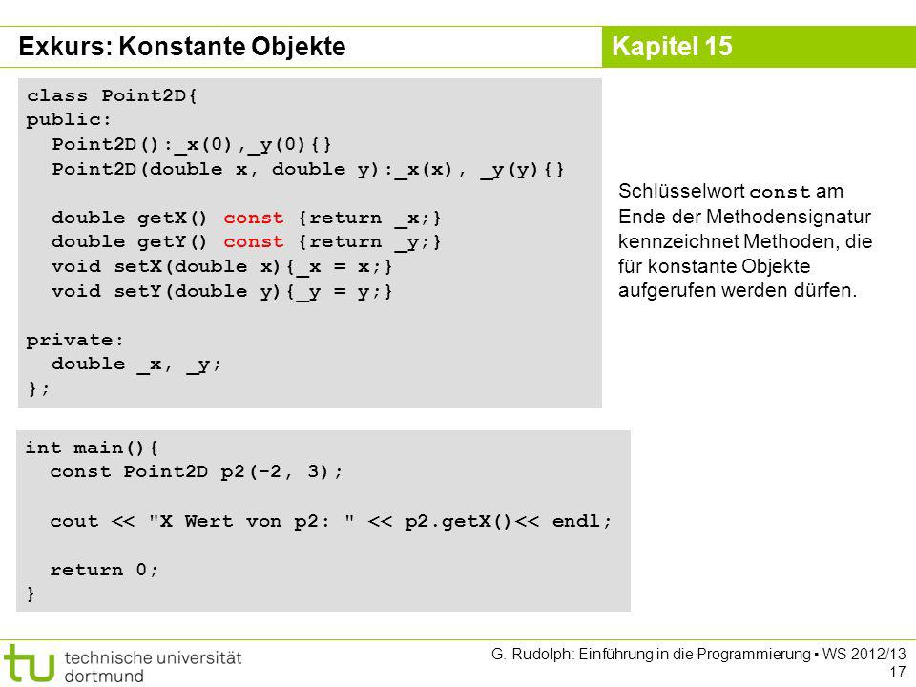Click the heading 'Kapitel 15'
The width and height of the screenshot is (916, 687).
coord(672,46)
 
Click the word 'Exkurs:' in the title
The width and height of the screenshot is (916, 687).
coord(66,46)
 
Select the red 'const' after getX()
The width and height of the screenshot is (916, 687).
coord(253,218)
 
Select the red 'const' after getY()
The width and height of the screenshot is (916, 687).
coord(253,241)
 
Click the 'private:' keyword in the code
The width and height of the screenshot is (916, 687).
coord(74,340)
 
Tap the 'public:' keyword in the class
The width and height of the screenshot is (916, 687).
coord(69,120)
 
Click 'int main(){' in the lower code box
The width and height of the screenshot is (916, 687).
coord(92,448)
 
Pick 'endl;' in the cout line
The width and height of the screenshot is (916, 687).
coord(582,521)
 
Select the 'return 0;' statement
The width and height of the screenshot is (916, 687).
coord(104,570)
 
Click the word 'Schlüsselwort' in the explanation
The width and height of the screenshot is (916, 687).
coord(681,191)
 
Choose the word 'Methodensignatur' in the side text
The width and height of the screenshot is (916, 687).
coord(789,217)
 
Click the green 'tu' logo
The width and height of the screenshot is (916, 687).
coord(29,663)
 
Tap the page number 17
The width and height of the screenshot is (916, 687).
coord(897,672)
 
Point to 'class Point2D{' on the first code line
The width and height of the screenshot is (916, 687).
coord(113,95)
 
